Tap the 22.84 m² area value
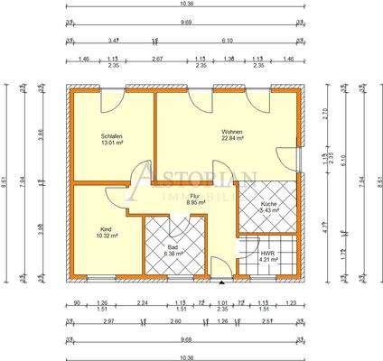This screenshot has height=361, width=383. coord(232,139)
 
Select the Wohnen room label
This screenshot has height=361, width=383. coord(232,132)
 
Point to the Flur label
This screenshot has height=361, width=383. coord(193,196)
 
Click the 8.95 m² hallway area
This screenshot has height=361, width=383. coord(195,203)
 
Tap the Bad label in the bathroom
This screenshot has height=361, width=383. coord(173,246)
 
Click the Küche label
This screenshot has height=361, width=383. coord(268,205)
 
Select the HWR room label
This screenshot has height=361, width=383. coord(268,255)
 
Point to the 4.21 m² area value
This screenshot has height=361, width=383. coord(268,262)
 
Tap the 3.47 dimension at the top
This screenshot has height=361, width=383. coord(111,41)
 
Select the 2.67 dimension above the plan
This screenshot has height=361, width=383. coord(156,58)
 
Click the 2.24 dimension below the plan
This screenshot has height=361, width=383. coord(143,302)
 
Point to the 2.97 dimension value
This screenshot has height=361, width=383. coord(108,319)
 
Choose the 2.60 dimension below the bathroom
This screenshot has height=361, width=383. coord(174,319)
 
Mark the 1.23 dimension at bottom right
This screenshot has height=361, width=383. coord(290,302)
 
